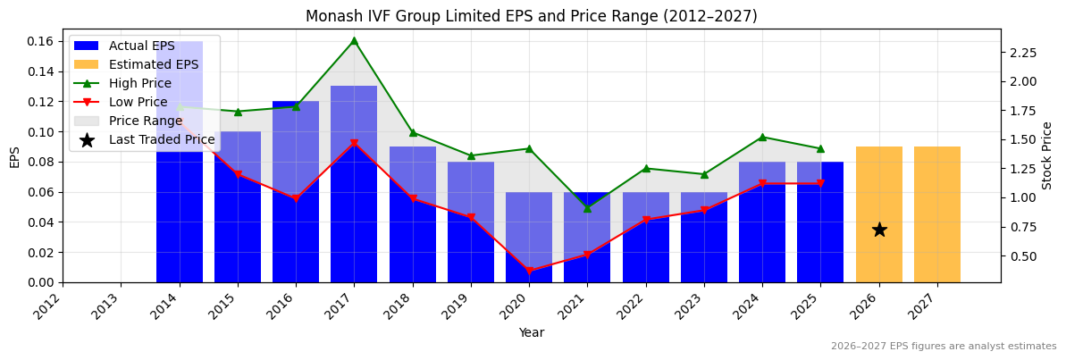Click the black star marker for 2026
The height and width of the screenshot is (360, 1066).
(x=879, y=230)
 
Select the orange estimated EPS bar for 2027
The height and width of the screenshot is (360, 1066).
(x=937, y=214)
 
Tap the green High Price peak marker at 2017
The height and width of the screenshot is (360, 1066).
(x=354, y=40)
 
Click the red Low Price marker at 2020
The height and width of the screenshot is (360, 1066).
(x=529, y=271)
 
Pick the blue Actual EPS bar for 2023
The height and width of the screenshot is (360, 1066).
(x=704, y=238)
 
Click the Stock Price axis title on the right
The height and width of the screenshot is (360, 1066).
(x=1047, y=155)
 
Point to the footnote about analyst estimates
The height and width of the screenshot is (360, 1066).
(x=943, y=347)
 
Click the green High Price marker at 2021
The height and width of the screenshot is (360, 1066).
(x=587, y=208)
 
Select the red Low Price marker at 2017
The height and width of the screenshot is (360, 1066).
(x=354, y=143)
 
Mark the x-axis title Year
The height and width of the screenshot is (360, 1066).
(x=531, y=332)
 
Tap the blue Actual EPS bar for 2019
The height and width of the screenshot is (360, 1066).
(x=471, y=222)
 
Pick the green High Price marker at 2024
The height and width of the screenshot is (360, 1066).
(x=762, y=137)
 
